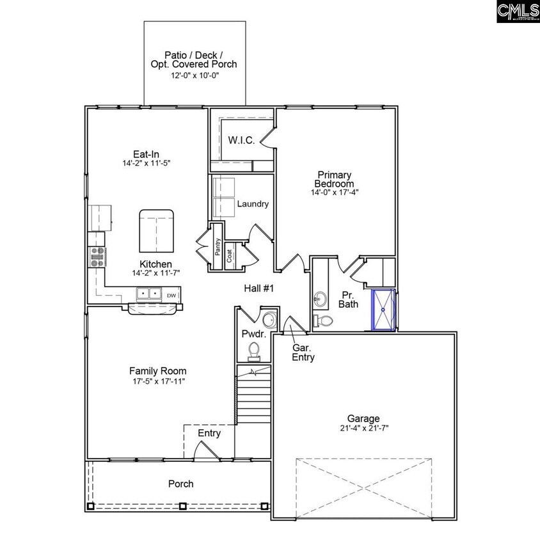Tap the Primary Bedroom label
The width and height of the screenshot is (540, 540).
[x=333, y=179]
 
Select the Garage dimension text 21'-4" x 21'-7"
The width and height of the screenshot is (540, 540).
[x=363, y=429]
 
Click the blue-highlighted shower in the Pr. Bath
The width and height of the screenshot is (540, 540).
[x=384, y=310]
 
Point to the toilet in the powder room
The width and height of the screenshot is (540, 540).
[x=254, y=350]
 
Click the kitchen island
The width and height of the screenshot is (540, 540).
[x=155, y=230]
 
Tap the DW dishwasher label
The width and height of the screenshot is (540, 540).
[x=171, y=295]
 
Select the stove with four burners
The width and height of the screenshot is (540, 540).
[x=97, y=257]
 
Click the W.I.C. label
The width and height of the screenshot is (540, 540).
[x=242, y=140]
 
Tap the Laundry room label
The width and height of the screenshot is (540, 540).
[x=253, y=204]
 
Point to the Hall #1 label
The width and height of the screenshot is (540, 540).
[x=258, y=289]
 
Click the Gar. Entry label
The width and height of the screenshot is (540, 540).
[x=303, y=353]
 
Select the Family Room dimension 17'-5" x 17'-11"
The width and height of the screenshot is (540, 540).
[x=157, y=381]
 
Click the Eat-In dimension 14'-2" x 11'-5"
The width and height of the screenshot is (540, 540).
[x=146, y=164]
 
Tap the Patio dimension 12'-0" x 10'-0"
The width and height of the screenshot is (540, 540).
[x=194, y=75]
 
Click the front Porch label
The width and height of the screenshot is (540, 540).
[x=180, y=484]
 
